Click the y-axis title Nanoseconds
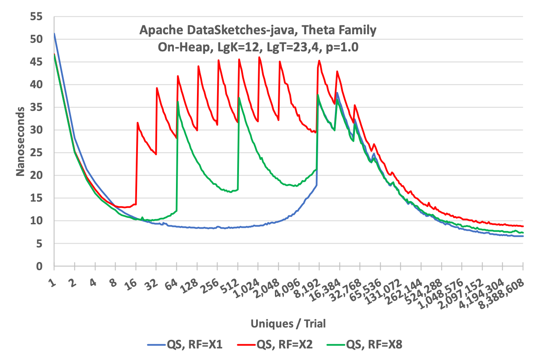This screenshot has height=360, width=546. point(20,141)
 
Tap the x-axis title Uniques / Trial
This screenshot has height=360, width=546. point(288,324)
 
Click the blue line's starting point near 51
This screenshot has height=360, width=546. point(54,33)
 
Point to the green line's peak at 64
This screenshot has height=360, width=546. point(178,101)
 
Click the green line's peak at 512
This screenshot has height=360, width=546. point(239,98)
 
